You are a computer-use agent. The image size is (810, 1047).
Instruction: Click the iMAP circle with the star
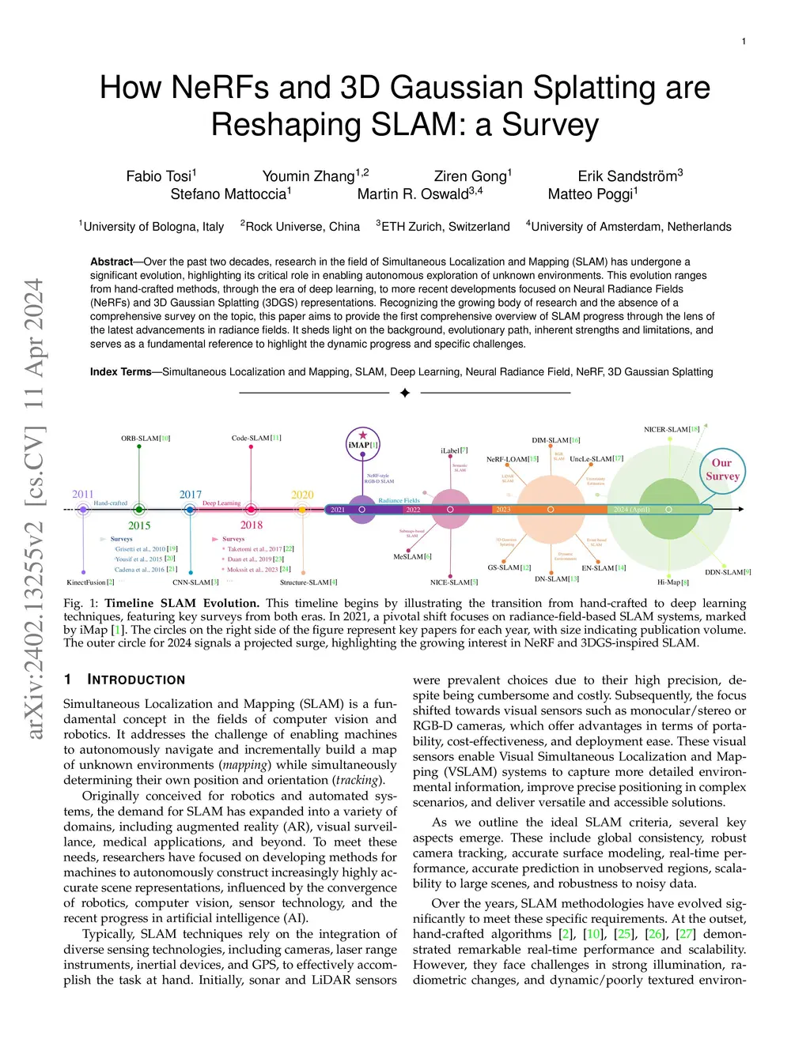[x=363, y=444]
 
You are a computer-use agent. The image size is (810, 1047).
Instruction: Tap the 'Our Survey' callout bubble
[x=722, y=469]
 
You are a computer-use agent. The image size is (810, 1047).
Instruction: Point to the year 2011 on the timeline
[x=82, y=495]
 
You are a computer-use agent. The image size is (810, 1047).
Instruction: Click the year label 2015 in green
[x=139, y=525]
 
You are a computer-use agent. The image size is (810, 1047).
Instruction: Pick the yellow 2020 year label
[x=302, y=495]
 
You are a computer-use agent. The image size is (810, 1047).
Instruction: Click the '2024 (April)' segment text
[x=631, y=510]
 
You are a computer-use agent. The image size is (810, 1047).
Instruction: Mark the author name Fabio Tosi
[x=161, y=176]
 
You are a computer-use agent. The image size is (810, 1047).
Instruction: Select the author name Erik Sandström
[x=630, y=176]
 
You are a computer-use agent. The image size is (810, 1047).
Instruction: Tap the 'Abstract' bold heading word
[x=112, y=262]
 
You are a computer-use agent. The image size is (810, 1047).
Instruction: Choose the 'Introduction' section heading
[x=135, y=680]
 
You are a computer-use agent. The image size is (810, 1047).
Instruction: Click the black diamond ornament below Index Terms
[x=405, y=393]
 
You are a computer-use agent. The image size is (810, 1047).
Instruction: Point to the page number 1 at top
[x=744, y=41]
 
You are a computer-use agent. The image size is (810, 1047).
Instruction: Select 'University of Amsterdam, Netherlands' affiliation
[x=630, y=227]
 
